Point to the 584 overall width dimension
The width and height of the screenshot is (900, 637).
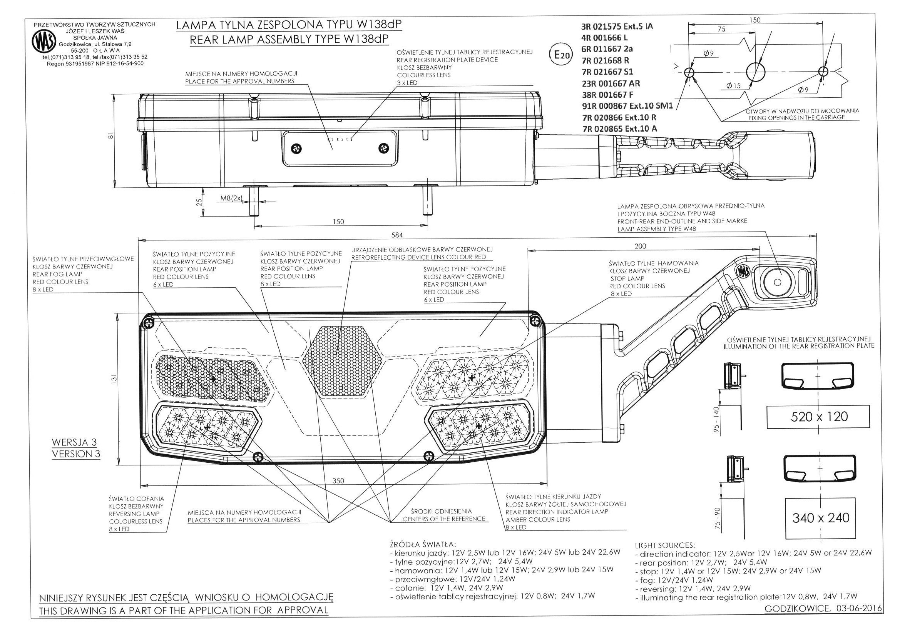coord(397,235)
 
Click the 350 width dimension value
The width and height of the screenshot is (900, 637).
coord(338,481)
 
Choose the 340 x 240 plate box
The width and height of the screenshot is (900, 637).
coord(820,518)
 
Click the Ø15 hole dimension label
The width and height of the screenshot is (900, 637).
coord(733,86)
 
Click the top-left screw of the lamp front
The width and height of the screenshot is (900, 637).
coord(149,322)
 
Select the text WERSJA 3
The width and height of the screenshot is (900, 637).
coord(74,442)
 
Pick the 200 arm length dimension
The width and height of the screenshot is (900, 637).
coord(640,246)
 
